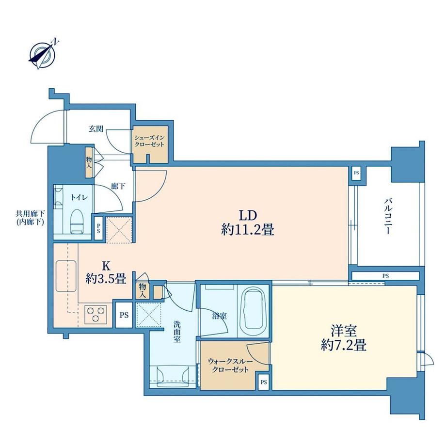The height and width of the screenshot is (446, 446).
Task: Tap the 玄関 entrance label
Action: pos(96,129)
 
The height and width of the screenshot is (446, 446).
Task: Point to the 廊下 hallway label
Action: pos(118,186)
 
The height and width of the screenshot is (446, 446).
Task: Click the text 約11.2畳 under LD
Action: pos(247,230)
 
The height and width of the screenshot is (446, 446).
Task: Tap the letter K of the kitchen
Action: pos(106,266)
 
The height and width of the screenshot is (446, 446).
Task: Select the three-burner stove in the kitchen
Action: pos(96,314)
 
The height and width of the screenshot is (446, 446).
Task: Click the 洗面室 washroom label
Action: pos(177,332)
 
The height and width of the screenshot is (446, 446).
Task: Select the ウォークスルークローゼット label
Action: pos(230,366)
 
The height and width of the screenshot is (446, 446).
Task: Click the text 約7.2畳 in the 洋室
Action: pos(344,346)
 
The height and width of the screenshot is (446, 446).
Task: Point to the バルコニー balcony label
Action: pos(388,217)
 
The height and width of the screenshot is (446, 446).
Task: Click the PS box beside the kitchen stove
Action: pos(124,315)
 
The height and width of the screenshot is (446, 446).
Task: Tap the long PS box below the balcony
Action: pos(385,276)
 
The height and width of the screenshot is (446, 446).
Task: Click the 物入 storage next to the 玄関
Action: pos(89,163)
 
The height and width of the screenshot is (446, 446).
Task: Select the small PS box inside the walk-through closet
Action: pos(264,382)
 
